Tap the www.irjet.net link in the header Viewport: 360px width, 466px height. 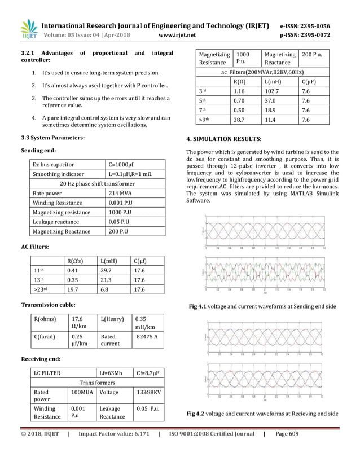click(177, 35)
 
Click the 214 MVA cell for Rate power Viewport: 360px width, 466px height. click(119, 193)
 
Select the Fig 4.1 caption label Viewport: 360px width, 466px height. click(198, 306)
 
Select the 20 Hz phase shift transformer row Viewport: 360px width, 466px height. click(97, 183)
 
